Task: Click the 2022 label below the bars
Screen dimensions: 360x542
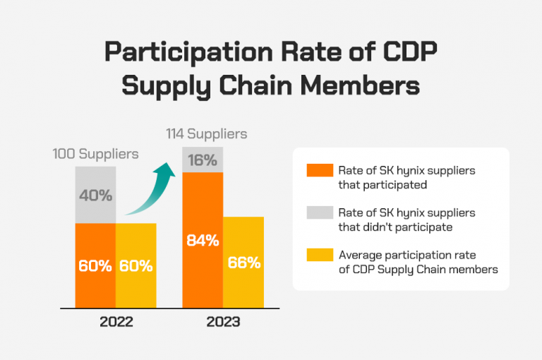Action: click(x=116, y=322)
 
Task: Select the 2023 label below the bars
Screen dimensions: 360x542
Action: click(x=222, y=322)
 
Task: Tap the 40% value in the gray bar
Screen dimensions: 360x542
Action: click(x=95, y=196)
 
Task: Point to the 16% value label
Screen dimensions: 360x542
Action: click(x=202, y=160)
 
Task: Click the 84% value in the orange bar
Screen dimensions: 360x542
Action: click(x=202, y=240)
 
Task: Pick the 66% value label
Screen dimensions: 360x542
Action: click(x=243, y=263)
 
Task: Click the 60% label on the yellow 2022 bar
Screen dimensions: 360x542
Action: click(x=136, y=266)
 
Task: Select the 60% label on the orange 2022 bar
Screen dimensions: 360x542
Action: click(x=95, y=266)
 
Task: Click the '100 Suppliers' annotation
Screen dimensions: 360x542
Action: click(x=96, y=153)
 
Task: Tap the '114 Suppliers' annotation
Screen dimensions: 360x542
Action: click(x=207, y=133)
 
